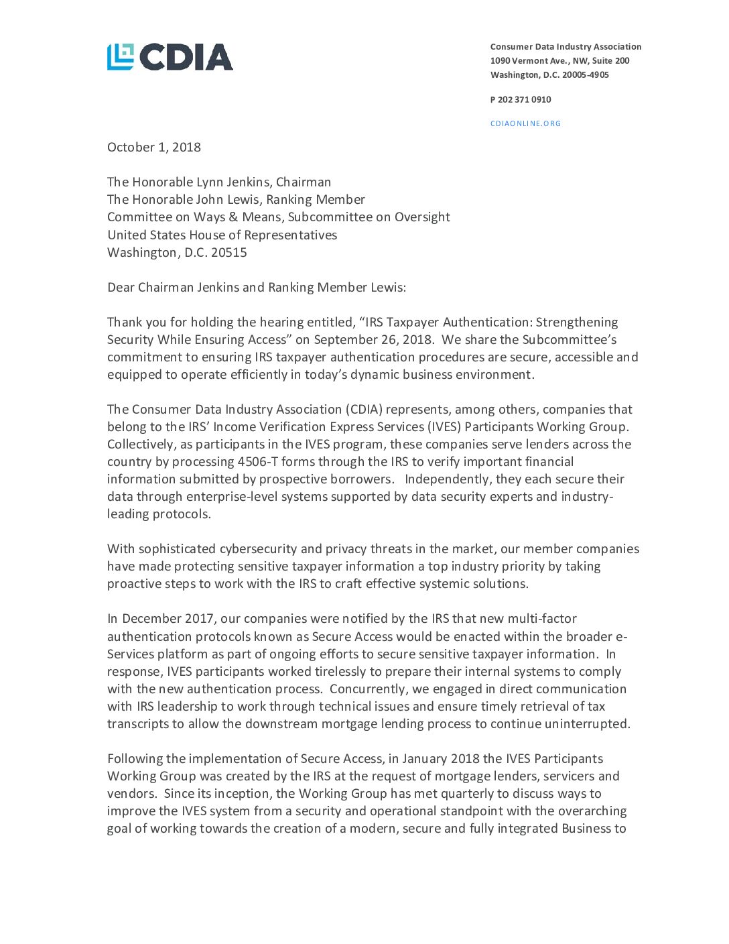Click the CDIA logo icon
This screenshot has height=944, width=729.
[121, 57]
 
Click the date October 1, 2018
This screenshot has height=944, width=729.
[154, 147]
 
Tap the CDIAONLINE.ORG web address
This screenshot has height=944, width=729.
[525, 123]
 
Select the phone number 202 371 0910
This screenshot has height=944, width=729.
[524, 100]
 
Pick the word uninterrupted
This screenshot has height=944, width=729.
[588, 724]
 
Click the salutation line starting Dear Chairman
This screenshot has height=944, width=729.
[257, 288]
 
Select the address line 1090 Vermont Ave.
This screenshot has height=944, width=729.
[559, 61]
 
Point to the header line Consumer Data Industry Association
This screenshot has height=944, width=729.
[566, 47]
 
